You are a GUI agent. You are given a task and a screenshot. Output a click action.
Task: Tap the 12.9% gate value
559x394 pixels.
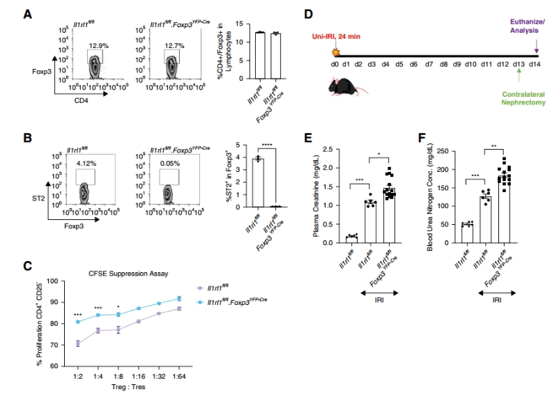[x=97, y=45]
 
